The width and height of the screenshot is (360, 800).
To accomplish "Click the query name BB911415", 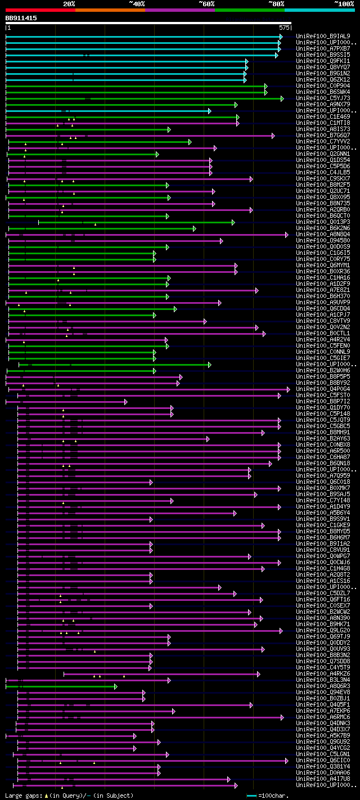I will pyautogui.click(x=21, y=18).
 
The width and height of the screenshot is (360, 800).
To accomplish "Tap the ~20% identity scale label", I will pyautogui.click(x=69, y=3).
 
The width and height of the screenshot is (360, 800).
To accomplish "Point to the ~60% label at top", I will pyautogui.click(x=206, y=3).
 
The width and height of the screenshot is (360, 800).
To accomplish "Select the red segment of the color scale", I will pyautogui.click(x=40, y=10).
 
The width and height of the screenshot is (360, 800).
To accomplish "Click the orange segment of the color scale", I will pyautogui.click(x=110, y=10).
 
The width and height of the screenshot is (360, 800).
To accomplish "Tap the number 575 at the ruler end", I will pyautogui.click(x=284, y=27).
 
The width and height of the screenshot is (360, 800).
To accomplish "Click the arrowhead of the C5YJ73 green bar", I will pyautogui.click(x=282, y=98).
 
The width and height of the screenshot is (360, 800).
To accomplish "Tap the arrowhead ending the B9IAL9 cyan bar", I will pyautogui.click(x=281, y=37).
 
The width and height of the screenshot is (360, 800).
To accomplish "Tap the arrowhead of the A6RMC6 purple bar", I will pyautogui.click(x=282, y=717).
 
